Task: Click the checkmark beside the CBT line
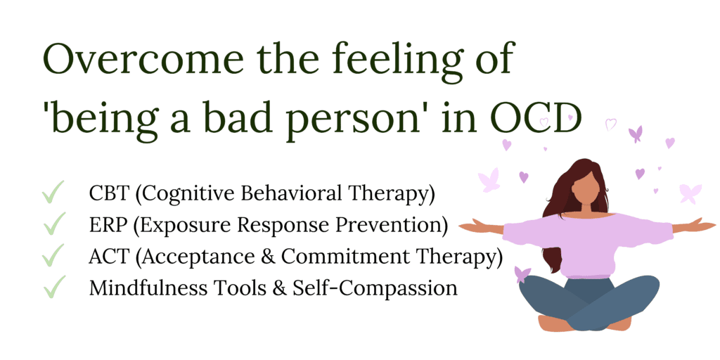53,192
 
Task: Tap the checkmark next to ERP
53,224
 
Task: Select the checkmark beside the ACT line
53,256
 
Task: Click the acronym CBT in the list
110,193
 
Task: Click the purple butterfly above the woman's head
635,134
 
